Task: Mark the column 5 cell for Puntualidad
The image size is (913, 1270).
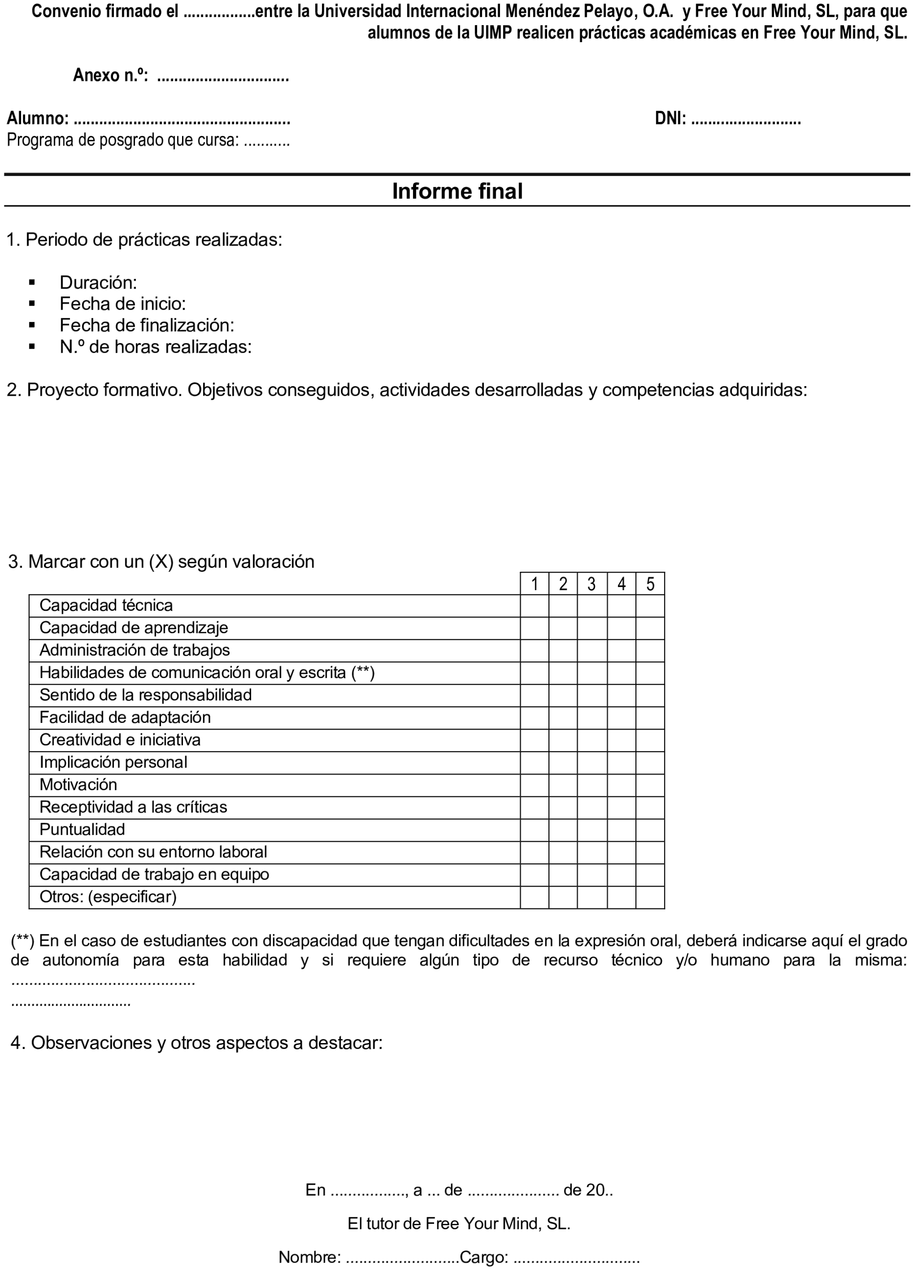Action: click(650, 830)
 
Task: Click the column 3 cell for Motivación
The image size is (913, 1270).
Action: click(592, 785)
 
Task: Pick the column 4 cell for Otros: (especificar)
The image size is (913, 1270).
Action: click(621, 897)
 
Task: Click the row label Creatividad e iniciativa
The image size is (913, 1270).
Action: click(120, 740)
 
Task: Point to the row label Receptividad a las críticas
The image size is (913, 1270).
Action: click(133, 807)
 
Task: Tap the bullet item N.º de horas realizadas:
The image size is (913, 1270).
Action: click(156, 347)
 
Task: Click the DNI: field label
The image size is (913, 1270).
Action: click(670, 118)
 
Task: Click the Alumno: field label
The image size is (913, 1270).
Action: click(38, 118)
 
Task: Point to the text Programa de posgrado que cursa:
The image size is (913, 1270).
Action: click(123, 140)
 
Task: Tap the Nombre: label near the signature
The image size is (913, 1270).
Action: click(310, 1257)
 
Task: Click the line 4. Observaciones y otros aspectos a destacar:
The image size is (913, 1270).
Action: click(197, 1043)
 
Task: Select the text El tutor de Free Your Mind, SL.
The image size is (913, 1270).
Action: click(458, 1223)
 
